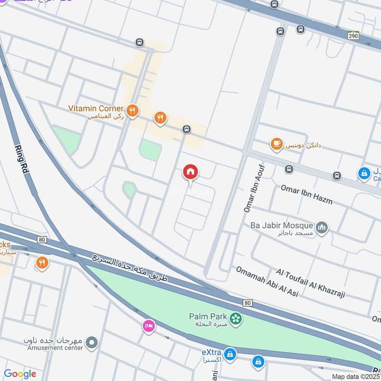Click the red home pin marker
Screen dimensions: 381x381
click(x=190, y=172)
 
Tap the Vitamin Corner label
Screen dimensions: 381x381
click(x=96, y=109)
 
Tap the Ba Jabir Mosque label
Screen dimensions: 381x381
click(x=281, y=225)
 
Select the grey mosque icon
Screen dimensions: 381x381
click(x=322, y=228)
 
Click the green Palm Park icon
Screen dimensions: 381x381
click(x=235, y=318)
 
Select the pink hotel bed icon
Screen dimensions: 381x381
click(x=149, y=326)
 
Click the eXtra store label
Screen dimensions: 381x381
click(x=211, y=353)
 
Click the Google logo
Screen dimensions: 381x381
click(x=20, y=374)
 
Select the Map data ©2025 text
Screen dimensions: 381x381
click(x=356, y=376)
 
